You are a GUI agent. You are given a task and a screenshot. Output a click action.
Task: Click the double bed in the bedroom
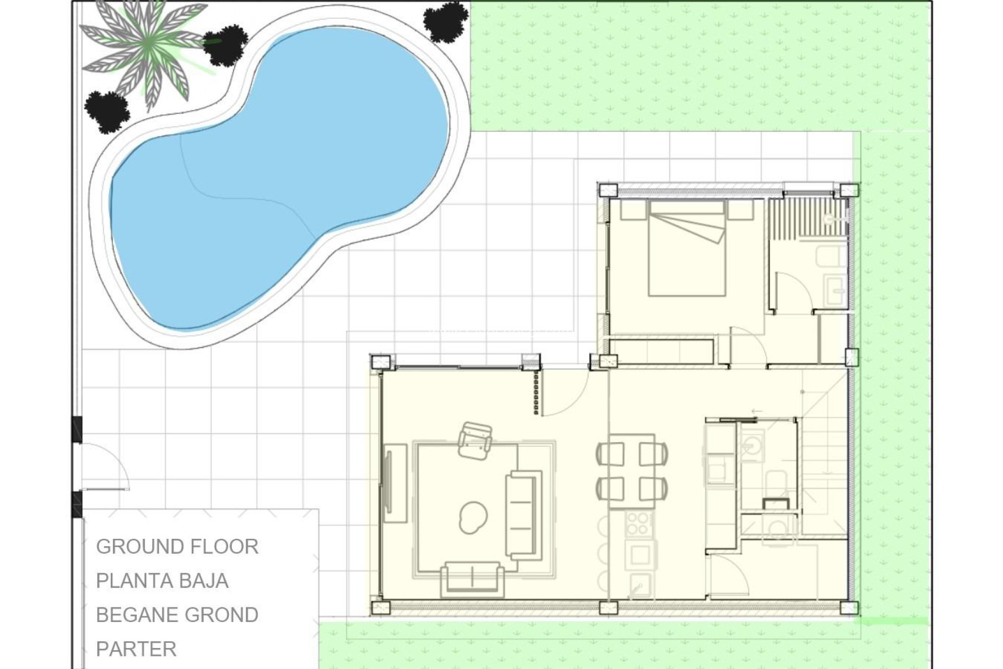(686, 249)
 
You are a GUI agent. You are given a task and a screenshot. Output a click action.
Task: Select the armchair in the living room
(475, 442)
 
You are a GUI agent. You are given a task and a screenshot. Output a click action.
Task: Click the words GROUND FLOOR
(177, 547)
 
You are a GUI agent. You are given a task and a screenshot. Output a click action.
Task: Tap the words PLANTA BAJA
(162, 581)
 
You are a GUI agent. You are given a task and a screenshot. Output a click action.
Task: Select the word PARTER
(136, 649)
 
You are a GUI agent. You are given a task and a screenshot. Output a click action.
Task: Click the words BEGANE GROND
(177, 615)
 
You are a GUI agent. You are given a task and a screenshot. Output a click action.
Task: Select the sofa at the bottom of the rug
(472, 579)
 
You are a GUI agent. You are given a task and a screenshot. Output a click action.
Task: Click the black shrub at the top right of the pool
(445, 21)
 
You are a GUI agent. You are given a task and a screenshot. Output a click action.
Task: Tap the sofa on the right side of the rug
(523, 515)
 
